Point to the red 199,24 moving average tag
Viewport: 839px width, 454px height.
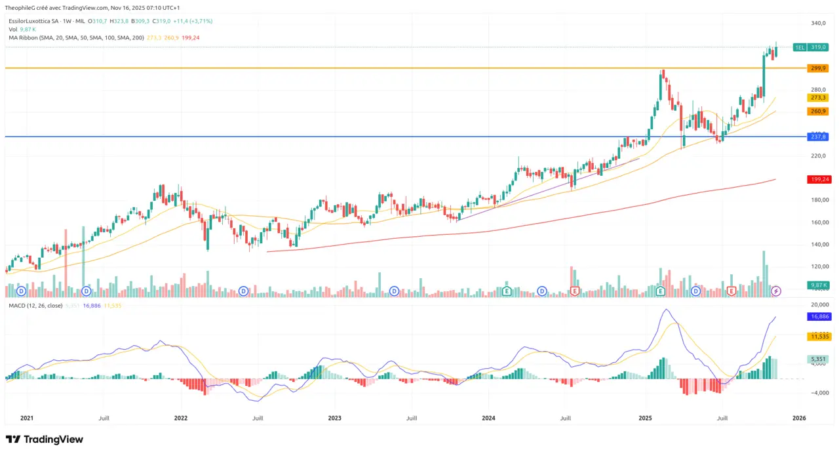pos(817,179)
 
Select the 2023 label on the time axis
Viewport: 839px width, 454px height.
pos(334,418)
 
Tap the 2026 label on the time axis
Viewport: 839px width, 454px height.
pos(798,418)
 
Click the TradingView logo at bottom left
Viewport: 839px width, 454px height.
pos(45,440)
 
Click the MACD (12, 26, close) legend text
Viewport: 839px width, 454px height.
pos(35,306)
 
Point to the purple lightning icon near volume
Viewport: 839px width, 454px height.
pos(776,291)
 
